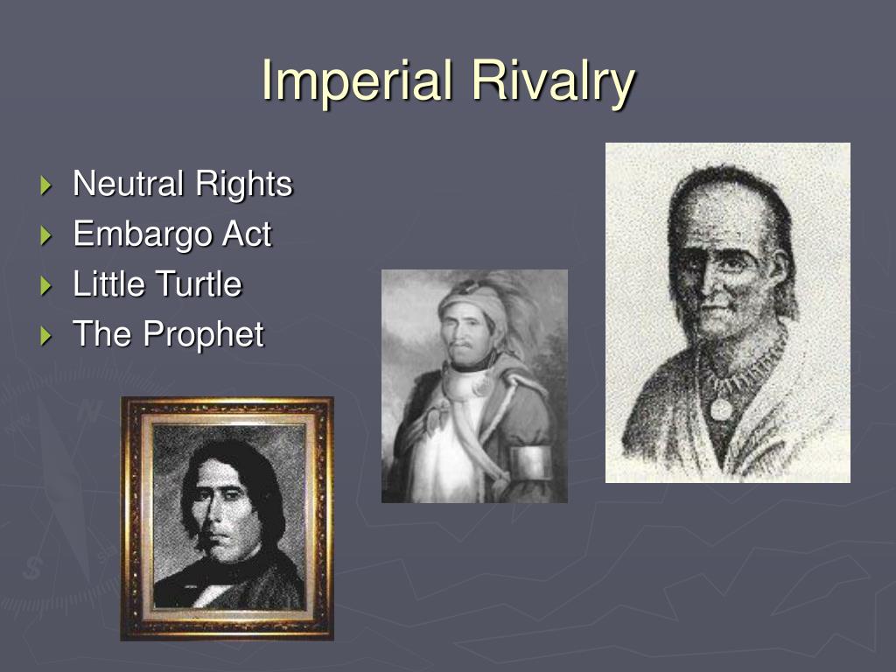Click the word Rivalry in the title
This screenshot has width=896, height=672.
tap(552, 81)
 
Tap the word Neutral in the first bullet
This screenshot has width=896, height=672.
tap(129, 184)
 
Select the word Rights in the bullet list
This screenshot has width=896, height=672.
tap(243, 185)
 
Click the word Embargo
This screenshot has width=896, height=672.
tap(141, 234)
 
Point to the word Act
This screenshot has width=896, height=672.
tap(245, 234)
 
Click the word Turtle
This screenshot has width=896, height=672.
tap(199, 284)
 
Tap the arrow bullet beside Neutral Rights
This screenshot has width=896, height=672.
tap(46, 185)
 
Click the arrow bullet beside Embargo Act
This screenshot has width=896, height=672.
tap(46, 235)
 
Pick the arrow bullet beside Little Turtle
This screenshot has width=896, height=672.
tap(46, 285)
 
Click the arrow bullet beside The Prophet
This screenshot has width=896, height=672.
tap(46, 335)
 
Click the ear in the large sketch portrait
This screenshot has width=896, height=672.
tap(776, 271)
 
